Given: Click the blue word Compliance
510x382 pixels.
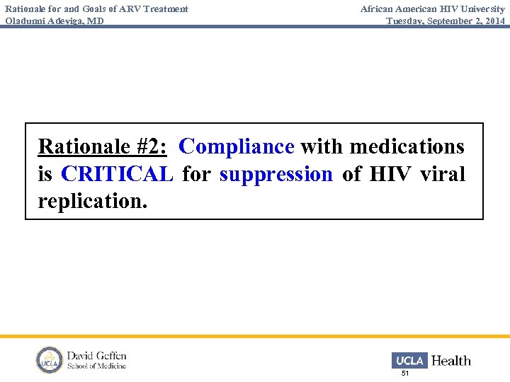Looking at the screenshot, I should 237,147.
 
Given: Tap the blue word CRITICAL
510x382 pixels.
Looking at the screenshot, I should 117,174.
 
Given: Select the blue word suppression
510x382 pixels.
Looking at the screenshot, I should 276,174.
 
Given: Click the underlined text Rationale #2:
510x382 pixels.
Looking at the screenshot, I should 102,147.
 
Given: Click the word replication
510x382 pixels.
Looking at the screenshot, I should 93,201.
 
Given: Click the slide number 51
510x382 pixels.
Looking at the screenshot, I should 405,373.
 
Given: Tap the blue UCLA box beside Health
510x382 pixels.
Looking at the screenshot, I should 409,360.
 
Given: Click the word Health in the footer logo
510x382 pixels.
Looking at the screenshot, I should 450,360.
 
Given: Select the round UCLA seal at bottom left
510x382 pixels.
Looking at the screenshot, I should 50,360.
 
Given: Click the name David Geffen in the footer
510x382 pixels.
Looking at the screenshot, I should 96,355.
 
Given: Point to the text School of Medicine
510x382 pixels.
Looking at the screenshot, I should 96,366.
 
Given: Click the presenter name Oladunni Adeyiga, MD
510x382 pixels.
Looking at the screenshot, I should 55,21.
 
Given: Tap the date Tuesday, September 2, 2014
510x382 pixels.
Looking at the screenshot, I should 446,21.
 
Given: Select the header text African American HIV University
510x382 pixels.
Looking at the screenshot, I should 432,9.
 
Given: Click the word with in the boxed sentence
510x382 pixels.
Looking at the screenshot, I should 322,147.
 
